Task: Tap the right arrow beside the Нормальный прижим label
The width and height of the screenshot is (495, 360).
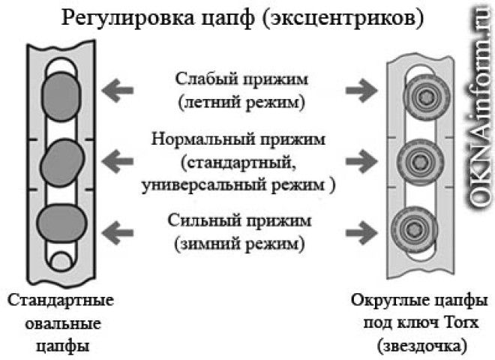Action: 361,159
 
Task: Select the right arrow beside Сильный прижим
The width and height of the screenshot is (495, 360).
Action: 361,229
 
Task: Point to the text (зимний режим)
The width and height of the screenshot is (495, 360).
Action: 239,244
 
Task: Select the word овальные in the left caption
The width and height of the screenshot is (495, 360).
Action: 61,323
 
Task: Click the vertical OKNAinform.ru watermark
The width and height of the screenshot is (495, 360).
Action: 478,105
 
